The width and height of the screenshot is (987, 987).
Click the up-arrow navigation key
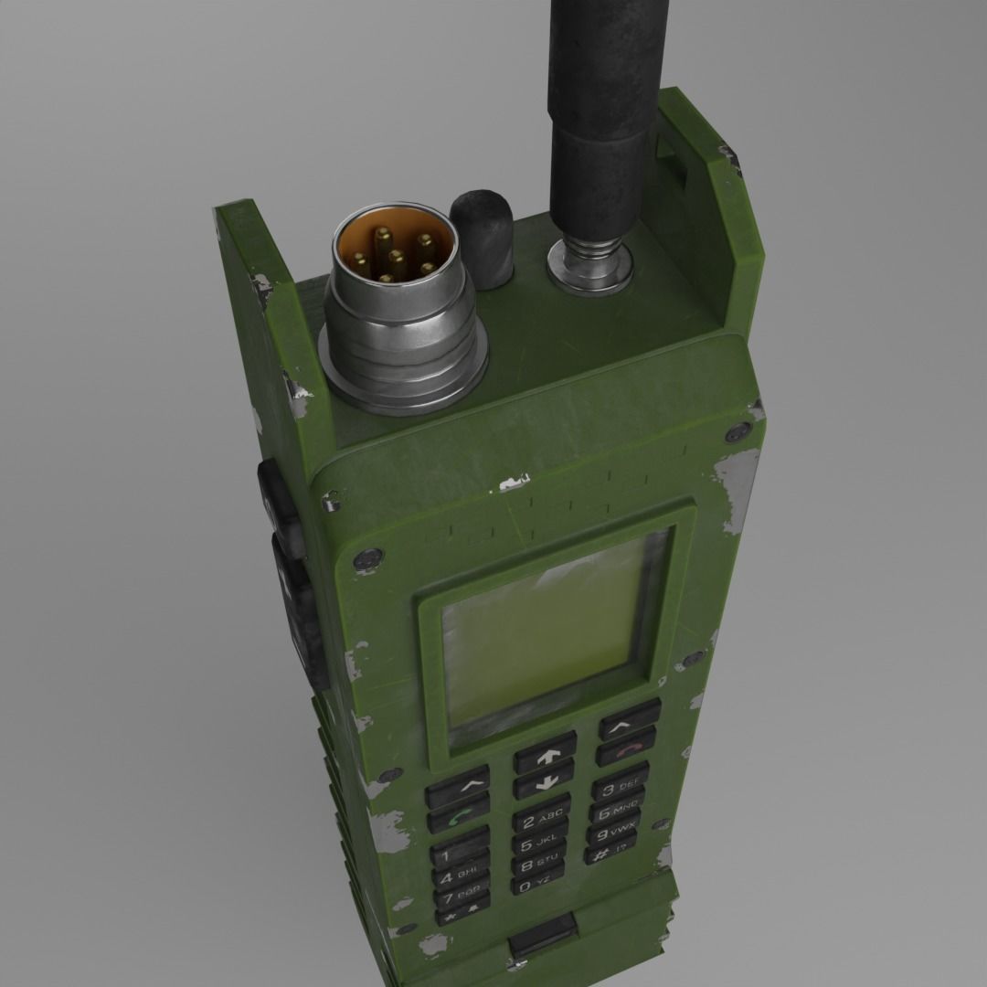[545, 757]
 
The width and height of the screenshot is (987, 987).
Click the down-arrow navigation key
[545, 784]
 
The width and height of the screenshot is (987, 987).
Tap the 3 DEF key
[619, 786]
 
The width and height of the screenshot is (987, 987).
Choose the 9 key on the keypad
[610, 833]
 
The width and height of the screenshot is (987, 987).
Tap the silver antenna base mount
[589, 264]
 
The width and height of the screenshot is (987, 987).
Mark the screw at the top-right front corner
[731, 434]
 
